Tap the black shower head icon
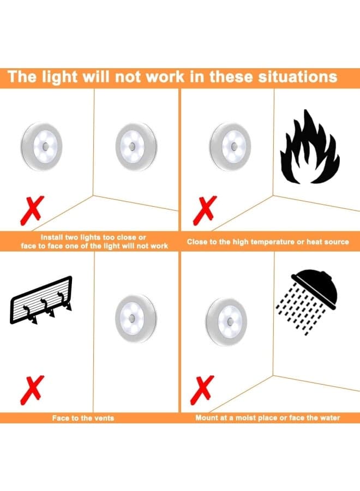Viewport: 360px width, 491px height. (x=315, y=286)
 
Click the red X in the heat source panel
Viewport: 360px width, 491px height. (x=205, y=211)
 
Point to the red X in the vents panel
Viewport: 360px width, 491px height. (x=32, y=390)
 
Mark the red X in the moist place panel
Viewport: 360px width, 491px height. (x=202, y=390)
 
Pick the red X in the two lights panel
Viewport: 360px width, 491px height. (x=32, y=211)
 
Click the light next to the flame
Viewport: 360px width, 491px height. (x=230, y=147)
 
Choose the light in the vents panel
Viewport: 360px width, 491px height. (x=136, y=318)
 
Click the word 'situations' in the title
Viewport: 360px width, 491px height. (x=298, y=77)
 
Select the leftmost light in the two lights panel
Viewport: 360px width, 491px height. (x=41, y=146)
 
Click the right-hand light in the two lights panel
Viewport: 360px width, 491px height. (x=136, y=147)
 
